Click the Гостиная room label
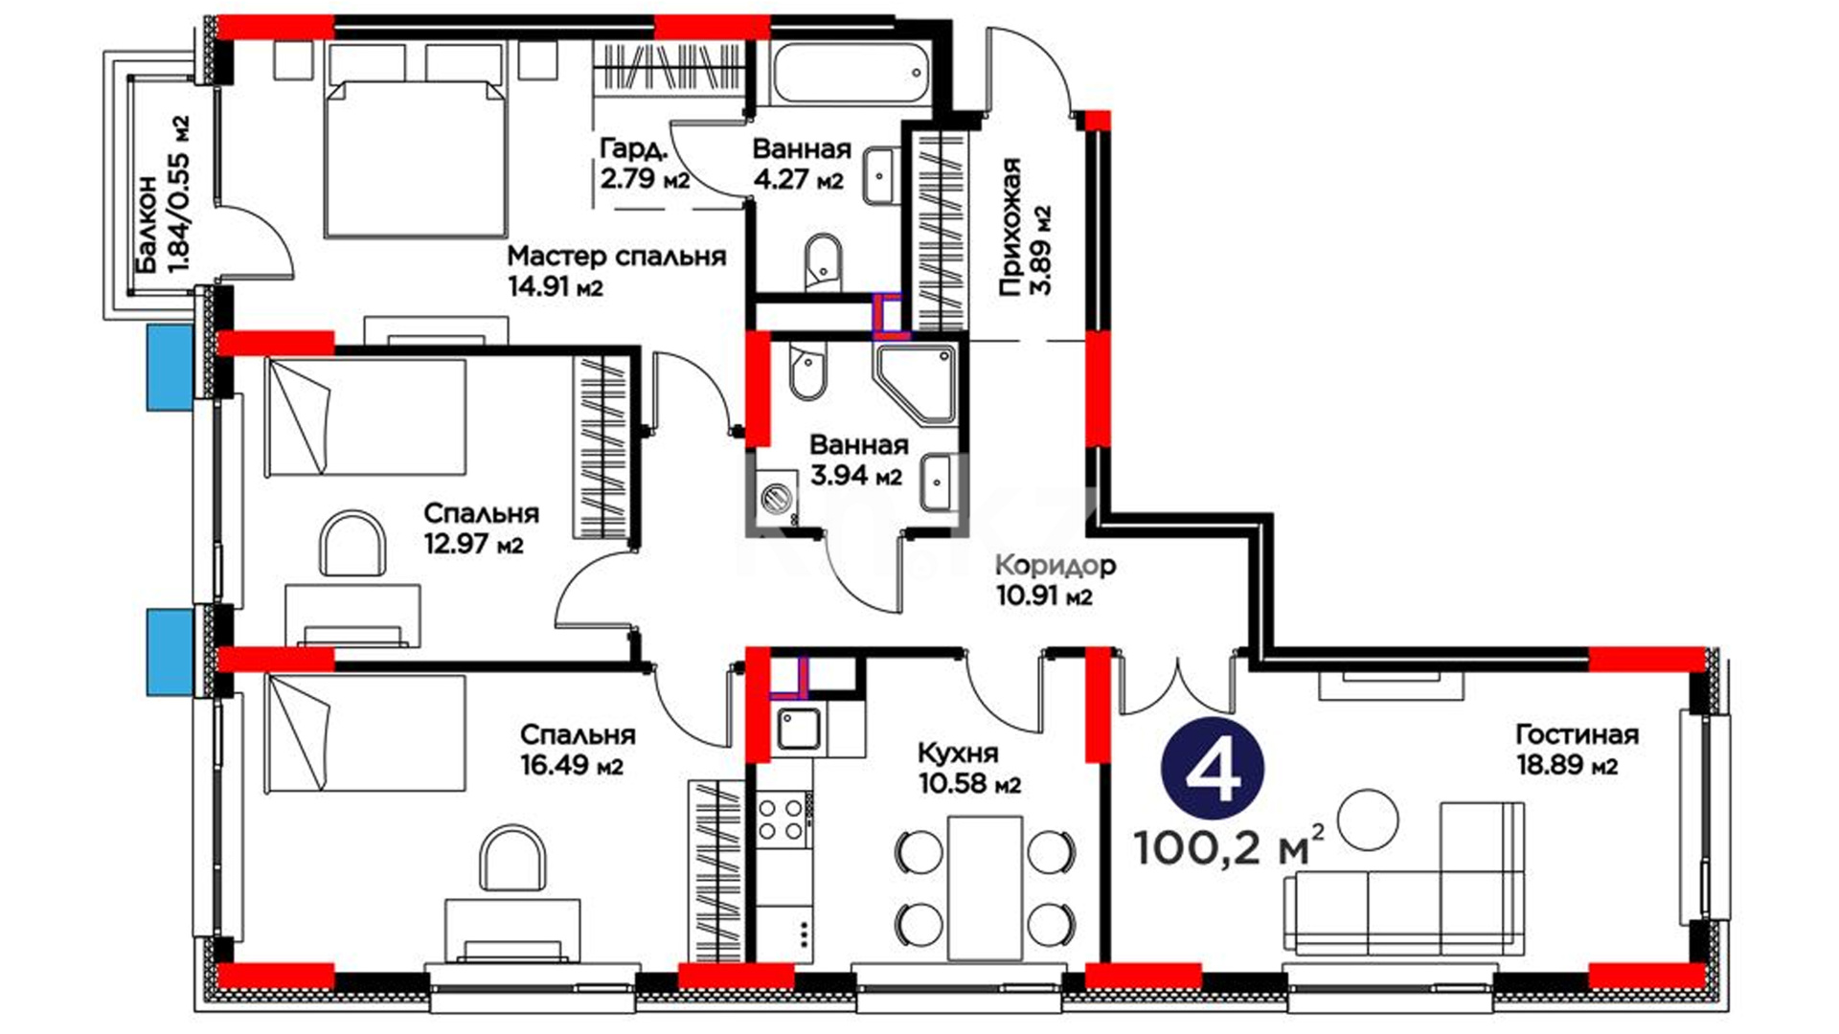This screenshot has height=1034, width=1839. click(1577, 734)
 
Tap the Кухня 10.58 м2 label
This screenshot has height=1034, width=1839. click(969, 768)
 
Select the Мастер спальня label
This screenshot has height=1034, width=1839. click(616, 256)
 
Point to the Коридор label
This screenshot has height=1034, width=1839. click(1056, 565)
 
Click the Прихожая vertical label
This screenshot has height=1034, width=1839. click(1010, 227)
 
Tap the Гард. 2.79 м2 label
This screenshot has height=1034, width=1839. click(644, 163)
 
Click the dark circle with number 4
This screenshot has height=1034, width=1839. click(1213, 769)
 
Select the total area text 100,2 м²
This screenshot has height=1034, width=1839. click(1230, 845)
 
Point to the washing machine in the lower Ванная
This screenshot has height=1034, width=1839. click(775, 496)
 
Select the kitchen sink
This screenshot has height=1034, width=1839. click(797, 730)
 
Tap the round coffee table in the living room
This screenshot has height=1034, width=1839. click(1367, 820)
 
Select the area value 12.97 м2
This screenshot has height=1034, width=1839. click(473, 545)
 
